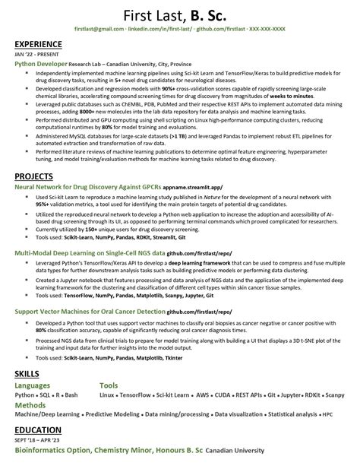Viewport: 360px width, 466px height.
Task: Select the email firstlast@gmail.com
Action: (99, 29)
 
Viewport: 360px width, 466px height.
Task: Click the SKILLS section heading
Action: (29, 375)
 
